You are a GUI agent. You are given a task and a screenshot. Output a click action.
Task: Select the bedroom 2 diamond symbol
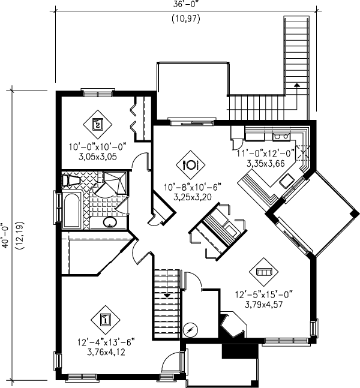(x=98, y=124)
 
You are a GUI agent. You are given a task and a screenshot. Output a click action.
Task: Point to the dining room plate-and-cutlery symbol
(x=190, y=163)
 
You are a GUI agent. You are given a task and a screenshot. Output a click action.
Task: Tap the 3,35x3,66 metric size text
(x=269, y=163)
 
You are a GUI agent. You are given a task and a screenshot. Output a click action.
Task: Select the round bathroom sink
(x=110, y=222)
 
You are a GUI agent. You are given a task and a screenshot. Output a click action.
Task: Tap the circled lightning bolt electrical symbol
(x=190, y=329)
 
